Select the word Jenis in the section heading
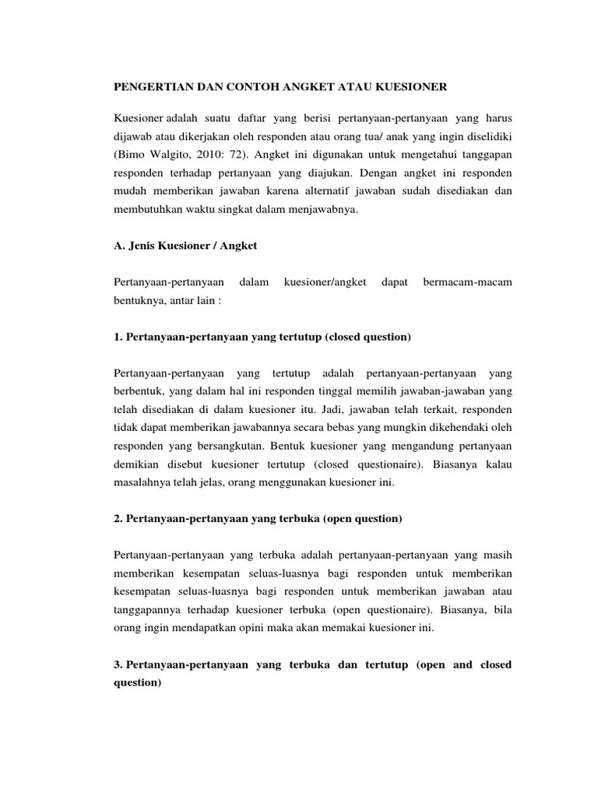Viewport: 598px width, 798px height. (145, 245)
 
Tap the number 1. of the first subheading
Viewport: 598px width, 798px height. (118, 337)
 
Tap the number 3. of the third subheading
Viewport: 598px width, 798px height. (118, 665)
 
